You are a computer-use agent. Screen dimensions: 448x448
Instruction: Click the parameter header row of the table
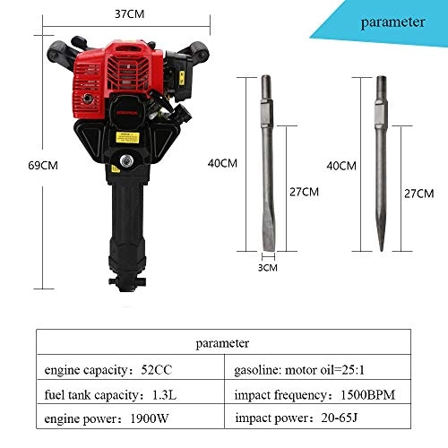tap(224, 341)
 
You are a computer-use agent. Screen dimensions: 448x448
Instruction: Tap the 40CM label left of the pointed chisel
tap(341, 167)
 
